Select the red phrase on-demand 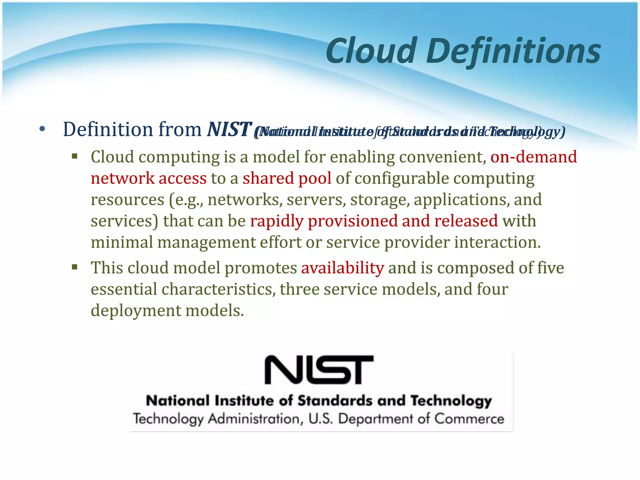coord(533,157)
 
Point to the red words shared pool coord(287,178)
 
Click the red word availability coord(342,268)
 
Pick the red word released coord(466,221)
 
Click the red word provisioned coord(353,221)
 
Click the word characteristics coord(218,289)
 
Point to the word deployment coord(136,311)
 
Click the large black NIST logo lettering coord(319,370)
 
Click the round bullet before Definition coord(42,129)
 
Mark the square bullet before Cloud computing coord(74,156)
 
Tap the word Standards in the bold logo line coord(335,401)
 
